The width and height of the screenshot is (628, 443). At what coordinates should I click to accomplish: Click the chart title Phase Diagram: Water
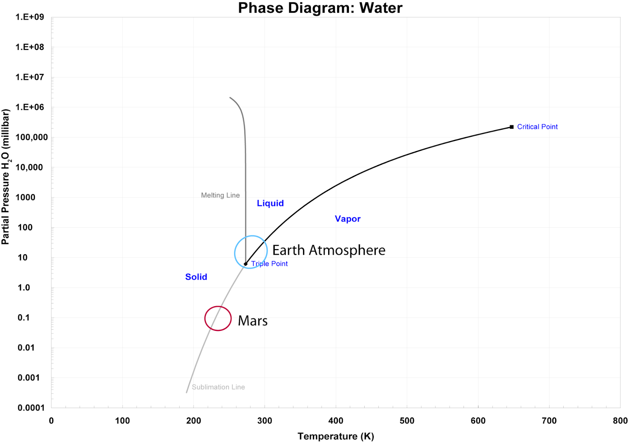pos(320,8)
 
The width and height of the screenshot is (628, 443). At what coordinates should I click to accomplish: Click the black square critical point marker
pos(511,127)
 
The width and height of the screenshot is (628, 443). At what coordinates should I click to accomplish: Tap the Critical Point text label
pos(537,127)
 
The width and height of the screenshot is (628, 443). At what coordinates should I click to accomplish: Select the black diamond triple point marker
pos(246,264)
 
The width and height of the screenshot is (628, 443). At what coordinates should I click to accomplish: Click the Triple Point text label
pos(270,264)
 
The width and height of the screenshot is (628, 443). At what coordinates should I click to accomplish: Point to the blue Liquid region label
pos(270,203)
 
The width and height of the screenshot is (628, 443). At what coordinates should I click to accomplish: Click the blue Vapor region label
pos(347,219)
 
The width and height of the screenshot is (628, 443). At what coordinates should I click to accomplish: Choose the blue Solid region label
pos(196,277)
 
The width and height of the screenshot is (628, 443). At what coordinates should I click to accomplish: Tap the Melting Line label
pos(220,195)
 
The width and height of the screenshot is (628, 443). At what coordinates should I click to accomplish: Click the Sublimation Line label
pos(218,387)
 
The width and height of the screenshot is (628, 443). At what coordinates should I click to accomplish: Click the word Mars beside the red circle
pos(252,321)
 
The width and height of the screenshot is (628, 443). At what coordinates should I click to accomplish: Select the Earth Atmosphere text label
pos(329,250)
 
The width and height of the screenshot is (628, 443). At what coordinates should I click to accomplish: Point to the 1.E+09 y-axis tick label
pos(29,17)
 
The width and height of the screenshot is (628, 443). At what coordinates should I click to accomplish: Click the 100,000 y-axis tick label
pos(31,137)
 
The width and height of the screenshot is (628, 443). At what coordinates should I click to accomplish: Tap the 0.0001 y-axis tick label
pos(31,408)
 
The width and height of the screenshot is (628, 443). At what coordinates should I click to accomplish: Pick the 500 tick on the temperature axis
pos(407,421)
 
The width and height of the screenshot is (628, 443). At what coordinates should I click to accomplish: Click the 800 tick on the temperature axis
pos(620,421)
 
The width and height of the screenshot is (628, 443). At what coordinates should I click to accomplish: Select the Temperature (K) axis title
pos(336,436)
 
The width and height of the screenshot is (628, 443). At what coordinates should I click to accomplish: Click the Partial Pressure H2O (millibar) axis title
pos(5,176)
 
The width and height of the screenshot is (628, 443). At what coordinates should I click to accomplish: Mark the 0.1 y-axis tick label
pos(24,318)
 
